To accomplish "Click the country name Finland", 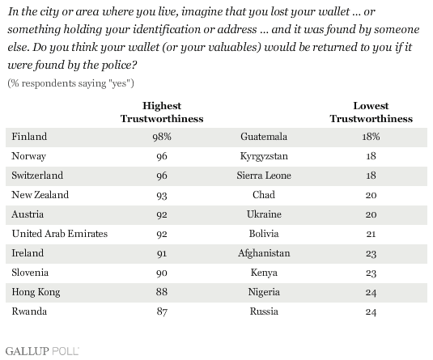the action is (x=29, y=137).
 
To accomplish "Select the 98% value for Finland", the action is (x=162, y=137).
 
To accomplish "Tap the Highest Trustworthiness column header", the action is (x=162, y=112).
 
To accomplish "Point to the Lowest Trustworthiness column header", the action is (x=371, y=112).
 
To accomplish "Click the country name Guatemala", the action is (x=264, y=137).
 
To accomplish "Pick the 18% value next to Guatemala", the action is (x=371, y=137).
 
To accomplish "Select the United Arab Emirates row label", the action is (x=60, y=234).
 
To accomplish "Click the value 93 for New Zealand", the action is (x=162, y=195).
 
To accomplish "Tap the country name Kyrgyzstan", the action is (x=264, y=156).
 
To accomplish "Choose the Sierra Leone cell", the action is (x=264, y=176).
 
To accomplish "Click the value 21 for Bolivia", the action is (x=371, y=234).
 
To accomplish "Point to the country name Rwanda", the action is (x=29, y=311).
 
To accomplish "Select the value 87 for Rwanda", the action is (x=162, y=311).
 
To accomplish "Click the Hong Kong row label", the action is (x=36, y=292).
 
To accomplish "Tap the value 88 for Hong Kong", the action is (x=162, y=292).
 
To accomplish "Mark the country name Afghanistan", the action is (x=264, y=253).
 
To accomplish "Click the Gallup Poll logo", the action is (x=42, y=351).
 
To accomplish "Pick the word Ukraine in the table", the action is (x=264, y=214).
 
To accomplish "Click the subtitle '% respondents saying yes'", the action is (x=70, y=83).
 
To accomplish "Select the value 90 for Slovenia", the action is (x=162, y=273).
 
